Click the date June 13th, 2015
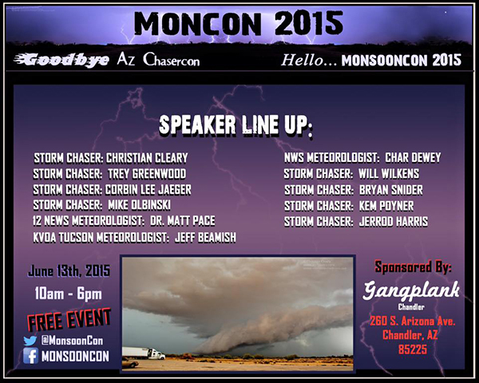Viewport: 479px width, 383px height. [x=68, y=270]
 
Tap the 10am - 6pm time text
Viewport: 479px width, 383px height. [x=68, y=294]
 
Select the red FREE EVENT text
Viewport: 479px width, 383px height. [x=69, y=321]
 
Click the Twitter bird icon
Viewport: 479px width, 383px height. [x=30, y=340]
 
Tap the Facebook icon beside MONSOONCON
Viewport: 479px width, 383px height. [x=30, y=356]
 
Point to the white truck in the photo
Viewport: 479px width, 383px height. [x=147, y=353]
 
